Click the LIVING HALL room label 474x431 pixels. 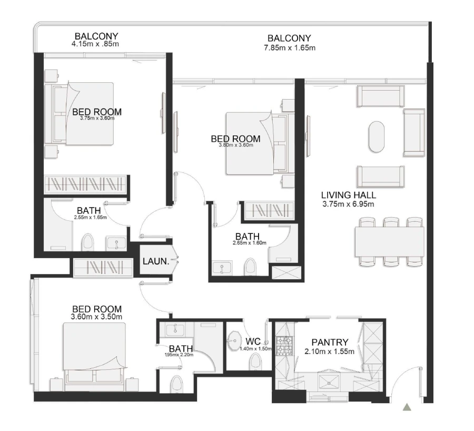click(x=349, y=195)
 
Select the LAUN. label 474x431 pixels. click(x=156, y=261)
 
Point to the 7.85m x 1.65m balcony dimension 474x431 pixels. click(x=289, y=48)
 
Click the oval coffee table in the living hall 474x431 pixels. click(x=377, y=137)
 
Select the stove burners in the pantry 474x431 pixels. click(x=285, y=346)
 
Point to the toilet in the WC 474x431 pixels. click(x=256, y=362)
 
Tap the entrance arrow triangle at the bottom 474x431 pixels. click(x=406, y=407)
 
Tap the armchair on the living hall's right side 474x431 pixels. click(x=414, y=133)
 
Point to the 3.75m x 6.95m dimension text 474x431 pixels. click(x=349, y=203)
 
